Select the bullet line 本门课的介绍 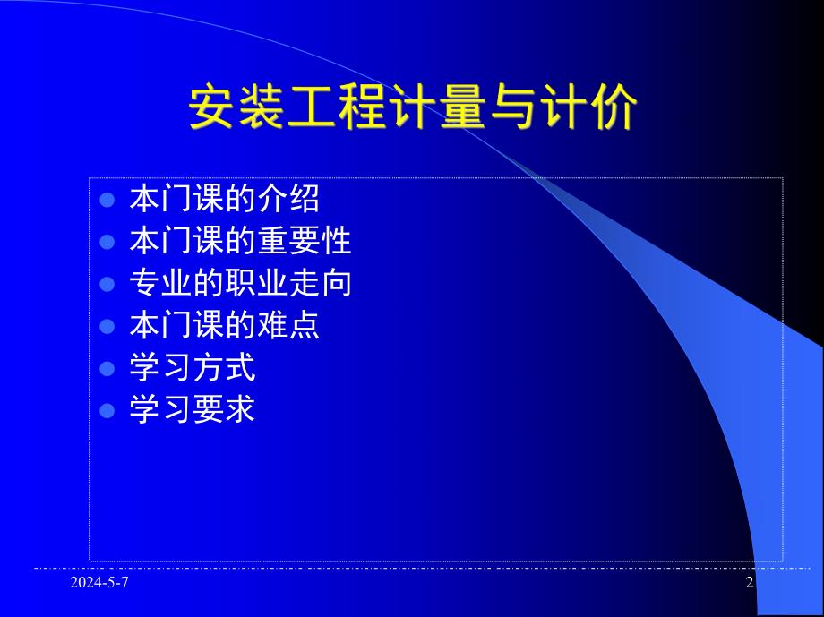[x=224, y=198]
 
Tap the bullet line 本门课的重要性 [x=240, y=241]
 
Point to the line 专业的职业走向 [x=240, y=283]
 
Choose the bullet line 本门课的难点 [x=224, y=326]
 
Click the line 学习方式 [x=193, y=368]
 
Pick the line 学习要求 [x=193, y=410]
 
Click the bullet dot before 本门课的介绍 [x=107, y=199]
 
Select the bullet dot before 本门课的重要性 [x=107, y=242]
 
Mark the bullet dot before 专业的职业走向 [x=107, y=284]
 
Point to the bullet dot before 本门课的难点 [x=107, y=327]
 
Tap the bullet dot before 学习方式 [x=107, y=369]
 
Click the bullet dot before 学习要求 [x=107, y=411]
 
